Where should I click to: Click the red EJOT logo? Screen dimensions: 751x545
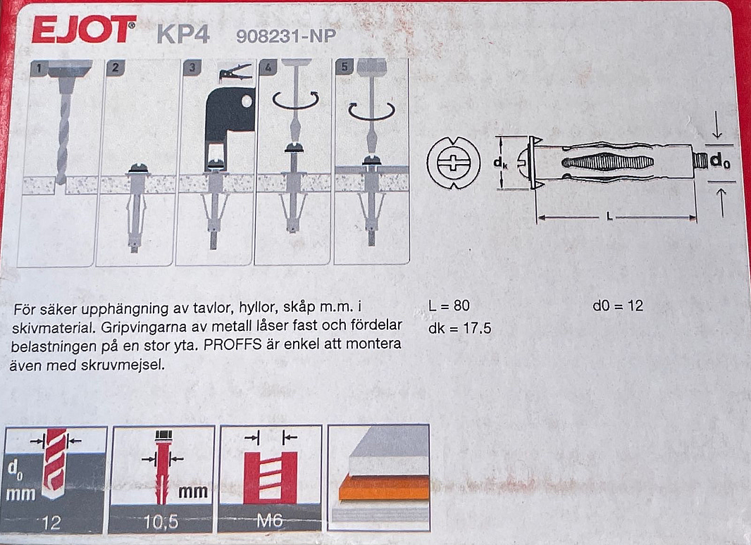pos(84,29)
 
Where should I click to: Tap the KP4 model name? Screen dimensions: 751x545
pos(183,34)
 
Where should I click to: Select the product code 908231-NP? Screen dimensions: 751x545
pos(286,36)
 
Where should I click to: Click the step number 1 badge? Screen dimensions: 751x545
pos(39,68)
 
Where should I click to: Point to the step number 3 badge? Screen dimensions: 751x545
pos(192,67)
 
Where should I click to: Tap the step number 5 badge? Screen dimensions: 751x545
pos(345,66)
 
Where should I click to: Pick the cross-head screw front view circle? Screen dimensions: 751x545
pos(453,163)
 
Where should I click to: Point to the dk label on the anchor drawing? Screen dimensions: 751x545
pos(500,163)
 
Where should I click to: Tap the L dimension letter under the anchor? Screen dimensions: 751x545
pos(609,217)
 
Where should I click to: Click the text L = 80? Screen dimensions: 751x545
pos(449,306)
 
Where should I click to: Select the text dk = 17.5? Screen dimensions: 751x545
pos(460,328)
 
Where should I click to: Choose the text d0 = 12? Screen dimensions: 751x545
pos(618,306)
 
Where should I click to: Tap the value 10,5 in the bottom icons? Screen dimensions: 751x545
pos(161,522)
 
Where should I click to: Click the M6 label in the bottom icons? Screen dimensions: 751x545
pos(269,520)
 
